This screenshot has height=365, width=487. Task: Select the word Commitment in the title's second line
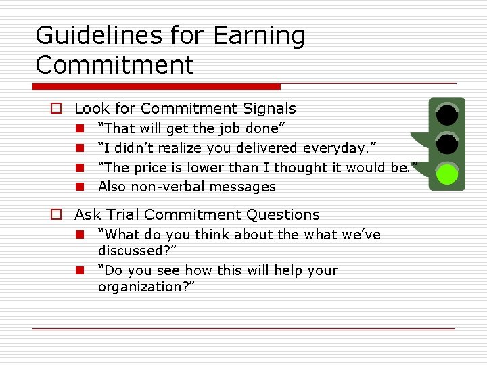pyautogui.click(x=114, y=65)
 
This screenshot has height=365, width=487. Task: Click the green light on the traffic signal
pyautogui.click(x=446, y=174)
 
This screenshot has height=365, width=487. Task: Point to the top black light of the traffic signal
pyautogui.click(x=446, y=115)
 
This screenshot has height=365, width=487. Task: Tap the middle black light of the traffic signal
pyautogui.click(x=446, y=145)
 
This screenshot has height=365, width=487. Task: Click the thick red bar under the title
pyautogui.click(x=156, y=87)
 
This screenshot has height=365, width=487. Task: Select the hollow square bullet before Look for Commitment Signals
pyautogui.click(x=57, y=109)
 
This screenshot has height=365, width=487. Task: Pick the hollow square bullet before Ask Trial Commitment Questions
pyautogui.click(x=57, y=215)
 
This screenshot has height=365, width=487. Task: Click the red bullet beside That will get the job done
pyautogui.click(x=79, y=128)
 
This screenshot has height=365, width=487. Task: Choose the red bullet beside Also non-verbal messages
pyautogui.click(x=79, y=187)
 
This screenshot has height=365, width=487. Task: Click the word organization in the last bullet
pyautogui.click(x=143, y=287)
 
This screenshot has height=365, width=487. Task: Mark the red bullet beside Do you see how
pyautogui.click(x=79, y=270)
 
